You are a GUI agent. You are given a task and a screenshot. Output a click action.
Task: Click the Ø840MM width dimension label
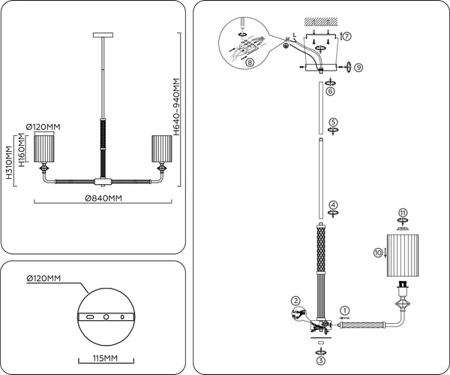(103, 198)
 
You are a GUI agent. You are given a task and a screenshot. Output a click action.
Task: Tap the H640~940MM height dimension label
(176, 107)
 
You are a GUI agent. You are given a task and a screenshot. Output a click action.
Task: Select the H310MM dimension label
(10, 162)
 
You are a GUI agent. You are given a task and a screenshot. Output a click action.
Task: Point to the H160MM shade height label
(22, 150)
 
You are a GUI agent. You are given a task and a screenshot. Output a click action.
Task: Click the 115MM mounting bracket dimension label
(105, 358)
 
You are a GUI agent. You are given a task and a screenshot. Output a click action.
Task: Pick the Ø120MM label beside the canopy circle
(43, 278)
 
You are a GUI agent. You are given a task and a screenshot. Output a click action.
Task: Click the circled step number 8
(250, 62)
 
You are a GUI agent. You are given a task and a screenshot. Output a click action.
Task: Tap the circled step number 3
(321, 360)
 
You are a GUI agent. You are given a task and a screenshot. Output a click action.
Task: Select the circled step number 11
(403, 213)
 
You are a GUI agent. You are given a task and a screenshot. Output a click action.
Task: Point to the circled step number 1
(345, 310)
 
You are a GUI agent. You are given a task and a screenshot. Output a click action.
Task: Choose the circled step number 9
(358, 68)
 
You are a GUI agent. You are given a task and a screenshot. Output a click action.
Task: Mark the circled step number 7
(347, 36)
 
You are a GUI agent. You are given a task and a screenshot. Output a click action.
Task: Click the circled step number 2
(295, 301)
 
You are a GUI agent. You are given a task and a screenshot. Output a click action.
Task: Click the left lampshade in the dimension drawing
(44, 148)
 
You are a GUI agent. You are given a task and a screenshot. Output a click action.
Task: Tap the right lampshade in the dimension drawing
(162, 148)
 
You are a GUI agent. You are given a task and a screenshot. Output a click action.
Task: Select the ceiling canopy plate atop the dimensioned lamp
(103, 35)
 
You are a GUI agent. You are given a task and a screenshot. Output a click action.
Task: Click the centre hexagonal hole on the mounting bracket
(106, 317)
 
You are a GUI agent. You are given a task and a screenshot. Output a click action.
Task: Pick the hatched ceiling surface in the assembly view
(321, 21)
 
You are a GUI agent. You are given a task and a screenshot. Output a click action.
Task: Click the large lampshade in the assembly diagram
(403, 256)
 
